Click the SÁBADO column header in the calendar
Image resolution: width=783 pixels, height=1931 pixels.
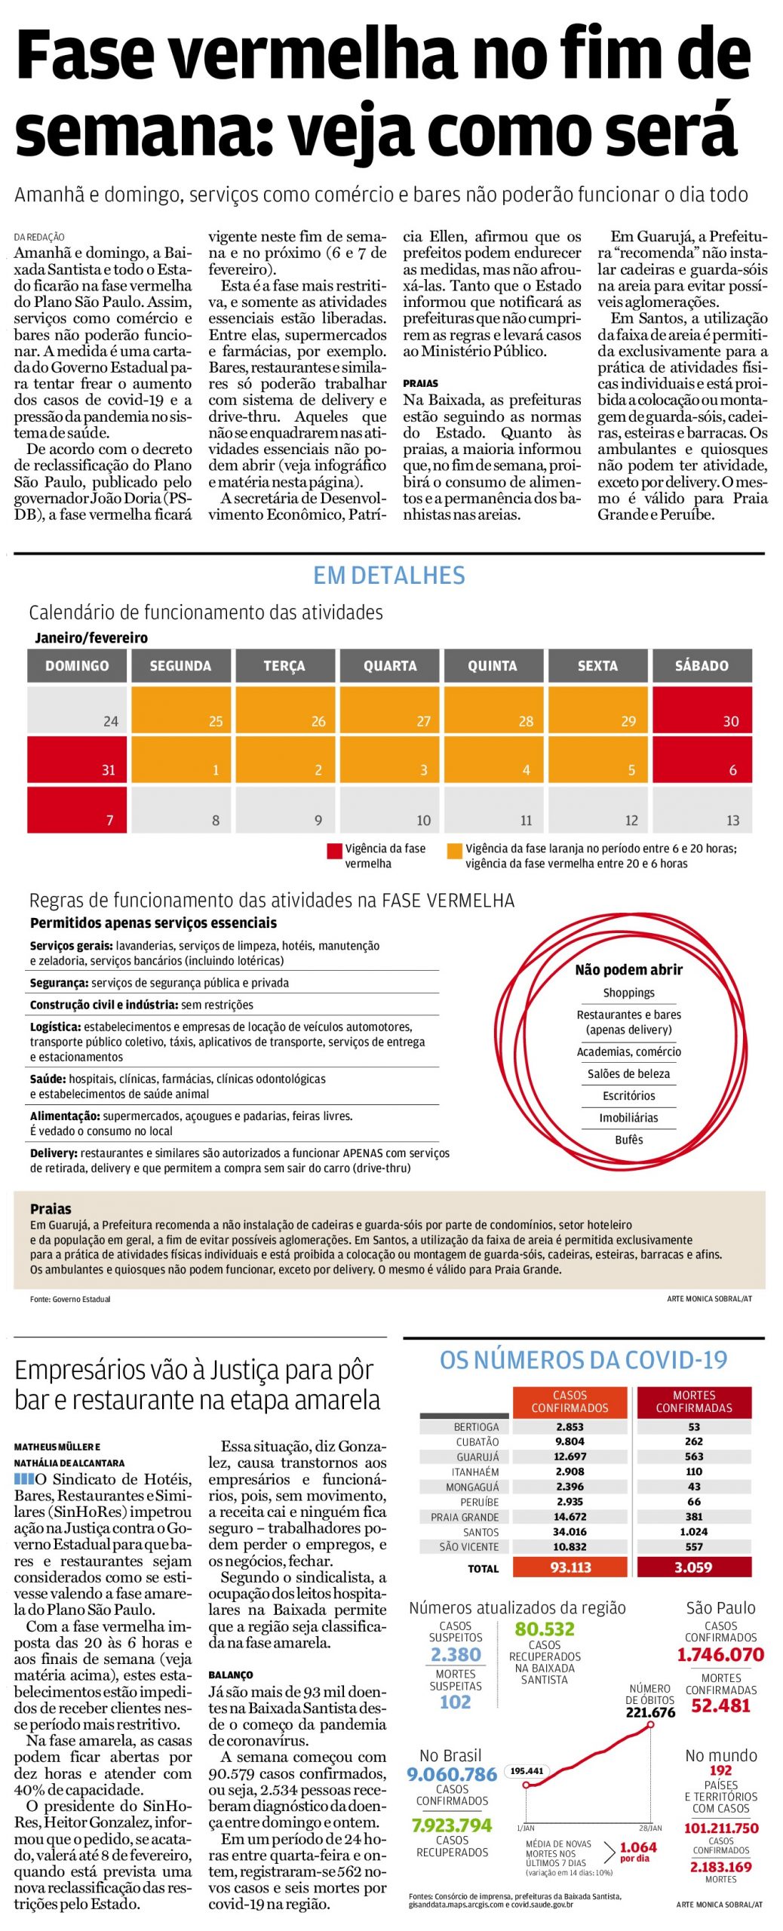coord(702,666)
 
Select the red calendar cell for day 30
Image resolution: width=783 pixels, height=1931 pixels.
coord(702,710)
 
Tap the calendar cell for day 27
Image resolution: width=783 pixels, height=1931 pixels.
coord(390,710)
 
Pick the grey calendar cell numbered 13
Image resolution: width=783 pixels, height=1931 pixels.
coord(702,809)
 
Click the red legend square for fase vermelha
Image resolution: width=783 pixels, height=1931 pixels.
coord(334,851)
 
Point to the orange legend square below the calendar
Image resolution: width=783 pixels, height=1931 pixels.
coord(454,851)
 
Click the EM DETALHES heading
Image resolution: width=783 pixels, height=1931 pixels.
coord(389,576)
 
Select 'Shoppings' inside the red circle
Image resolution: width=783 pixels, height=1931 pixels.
coord(628,993)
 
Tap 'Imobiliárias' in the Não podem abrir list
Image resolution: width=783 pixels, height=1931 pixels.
coord(628,1118)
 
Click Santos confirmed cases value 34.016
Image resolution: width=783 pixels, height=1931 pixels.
coord(570,1531)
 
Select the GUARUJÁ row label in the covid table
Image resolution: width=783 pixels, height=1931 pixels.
coord(477,1457)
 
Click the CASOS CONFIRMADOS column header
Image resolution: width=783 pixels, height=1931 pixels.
coord(570,1401)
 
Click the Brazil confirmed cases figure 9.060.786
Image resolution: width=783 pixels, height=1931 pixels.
coord(452,1774)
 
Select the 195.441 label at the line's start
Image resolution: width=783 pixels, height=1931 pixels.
coord(527,1770)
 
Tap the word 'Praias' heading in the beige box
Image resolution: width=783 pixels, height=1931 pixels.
coord(51,1208)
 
